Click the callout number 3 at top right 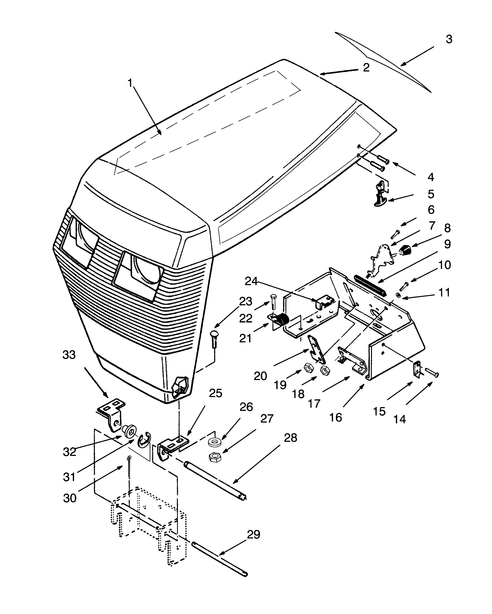pyautogui.click(x=449, y=39)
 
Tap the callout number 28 pyautogui.click(x=290, y=438)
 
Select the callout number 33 pyautogui.click(x=69, y=355)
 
